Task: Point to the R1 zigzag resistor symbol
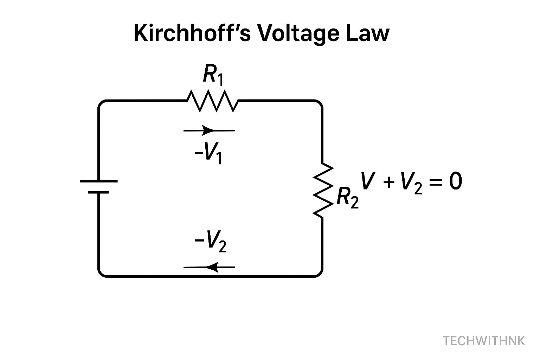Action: pos(212,101)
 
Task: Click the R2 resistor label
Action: pos(347,198)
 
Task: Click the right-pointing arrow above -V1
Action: pos(209,130)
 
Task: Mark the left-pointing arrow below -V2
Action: pos(209,267)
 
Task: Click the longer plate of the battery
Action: pos(99,181)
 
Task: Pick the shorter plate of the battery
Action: pos(99,192)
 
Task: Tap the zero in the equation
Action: pos(455,182)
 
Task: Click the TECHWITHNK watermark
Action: pos(484,341)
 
